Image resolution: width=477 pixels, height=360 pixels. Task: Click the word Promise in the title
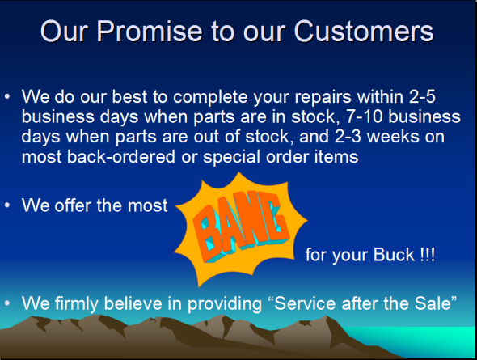pyautogui.click(x=150, y=32)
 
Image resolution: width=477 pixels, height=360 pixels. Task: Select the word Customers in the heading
pyautogui.click(x=364, y=32)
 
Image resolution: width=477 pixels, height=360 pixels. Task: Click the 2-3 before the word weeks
pyautogui.click(x=348, y=137)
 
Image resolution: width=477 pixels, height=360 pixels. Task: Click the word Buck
pyautogui.click(x=394, y=255)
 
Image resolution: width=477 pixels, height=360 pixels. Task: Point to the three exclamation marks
pyautogui.click(x=428, y=255)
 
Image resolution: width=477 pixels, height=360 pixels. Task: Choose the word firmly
pyautogui.click(x=77, y=304)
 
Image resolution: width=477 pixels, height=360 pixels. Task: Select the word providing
pyautogui.click(x=225, y=304)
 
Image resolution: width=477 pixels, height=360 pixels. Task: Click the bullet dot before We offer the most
pyautogui.click(x=7, y=205)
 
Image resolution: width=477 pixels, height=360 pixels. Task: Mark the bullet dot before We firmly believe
pyautogui.click(x=7, y=303)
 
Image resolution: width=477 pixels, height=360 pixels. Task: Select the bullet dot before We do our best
pyautogui.click(x=7, y=97)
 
